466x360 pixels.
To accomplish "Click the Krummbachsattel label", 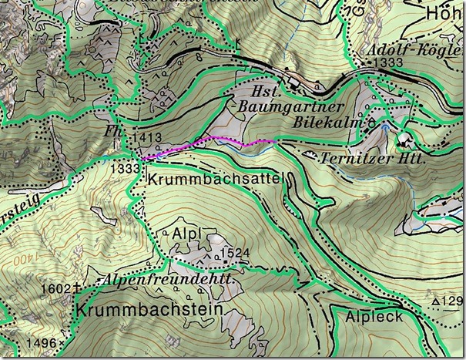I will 214,179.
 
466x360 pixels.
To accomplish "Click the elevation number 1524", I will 235,253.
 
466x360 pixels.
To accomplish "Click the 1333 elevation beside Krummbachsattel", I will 125,167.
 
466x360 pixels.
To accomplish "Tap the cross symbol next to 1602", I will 78,288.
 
